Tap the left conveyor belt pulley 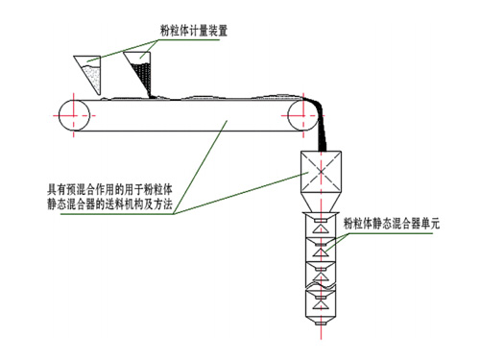pos(71,116)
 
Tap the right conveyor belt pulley pos(300,117)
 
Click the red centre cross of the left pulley pos(71,116)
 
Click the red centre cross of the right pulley pos(300,117)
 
